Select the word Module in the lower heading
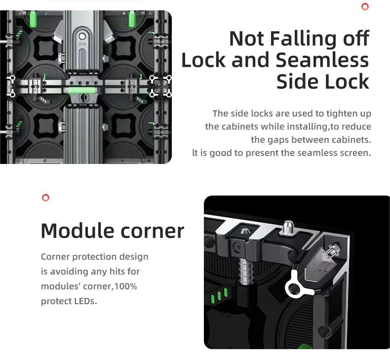tap(77, 231)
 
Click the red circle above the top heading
tap(365, 6)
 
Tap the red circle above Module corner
tap(45, 198)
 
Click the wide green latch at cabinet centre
tap(81, 90)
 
